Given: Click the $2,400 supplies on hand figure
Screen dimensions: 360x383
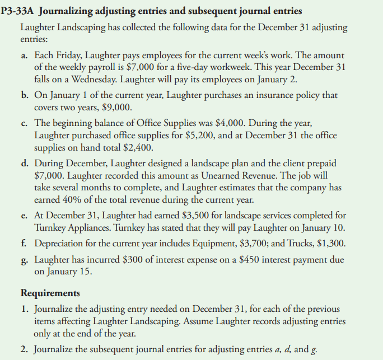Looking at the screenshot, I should pos(137,148).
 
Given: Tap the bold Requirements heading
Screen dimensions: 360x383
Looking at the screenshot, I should pos(50,293).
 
